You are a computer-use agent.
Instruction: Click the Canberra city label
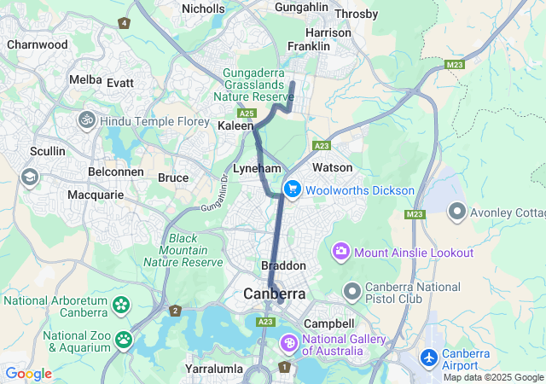(274, 294)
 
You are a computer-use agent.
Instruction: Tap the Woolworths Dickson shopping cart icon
(293, 189)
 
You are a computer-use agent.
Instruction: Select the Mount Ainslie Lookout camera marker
(341, 252)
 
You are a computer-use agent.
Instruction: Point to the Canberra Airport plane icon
(428, 359)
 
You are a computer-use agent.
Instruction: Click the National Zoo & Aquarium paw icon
(124, 340)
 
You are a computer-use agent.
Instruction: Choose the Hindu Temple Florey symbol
(86, 121)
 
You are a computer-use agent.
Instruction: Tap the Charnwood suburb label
(37, 44)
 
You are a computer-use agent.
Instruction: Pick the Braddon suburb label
(282, 266)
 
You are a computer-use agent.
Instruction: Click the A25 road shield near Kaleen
(247, 113)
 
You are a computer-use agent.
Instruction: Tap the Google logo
(28, 374)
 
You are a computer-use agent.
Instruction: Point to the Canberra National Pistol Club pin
(351, 293)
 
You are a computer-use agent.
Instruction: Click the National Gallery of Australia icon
(289, 343)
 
